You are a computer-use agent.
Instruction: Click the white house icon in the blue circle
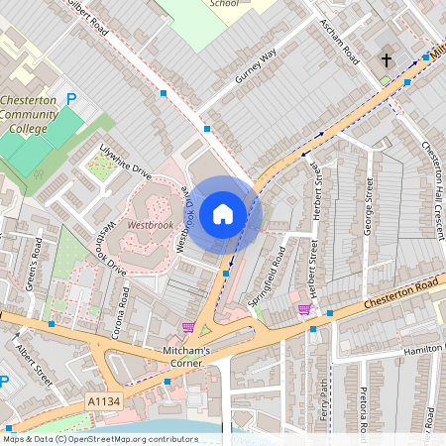point(223,213)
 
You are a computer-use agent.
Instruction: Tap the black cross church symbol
point(387,61)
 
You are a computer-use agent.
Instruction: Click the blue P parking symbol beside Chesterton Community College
point(70,99)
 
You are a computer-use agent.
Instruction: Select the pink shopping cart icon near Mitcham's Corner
point(188,327)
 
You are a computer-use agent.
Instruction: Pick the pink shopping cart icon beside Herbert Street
point(304,309)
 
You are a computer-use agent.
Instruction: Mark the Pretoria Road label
point(364,411)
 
